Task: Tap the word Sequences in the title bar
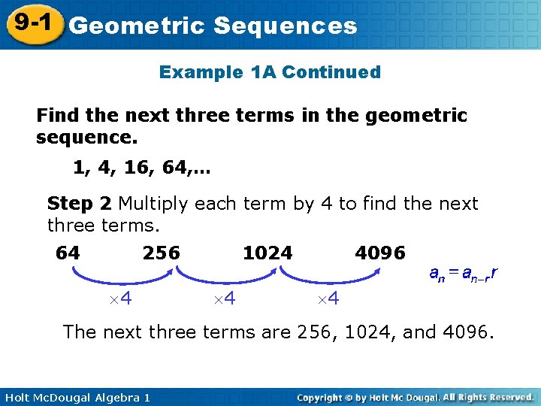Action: tap(285, 26)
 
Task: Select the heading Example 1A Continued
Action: tap(270, 72)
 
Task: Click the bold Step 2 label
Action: tap(80, 204)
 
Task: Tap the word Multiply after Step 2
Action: tap(153, 204)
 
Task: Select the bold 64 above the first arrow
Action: tap(68, 253)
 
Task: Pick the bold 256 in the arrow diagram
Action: tap(162, 253)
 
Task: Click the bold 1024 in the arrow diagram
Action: tap(267, 253)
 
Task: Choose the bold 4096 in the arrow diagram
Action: tap(380, 253)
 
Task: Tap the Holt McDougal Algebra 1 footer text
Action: tap(75, 396)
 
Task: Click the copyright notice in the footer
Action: tap(416, 396)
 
